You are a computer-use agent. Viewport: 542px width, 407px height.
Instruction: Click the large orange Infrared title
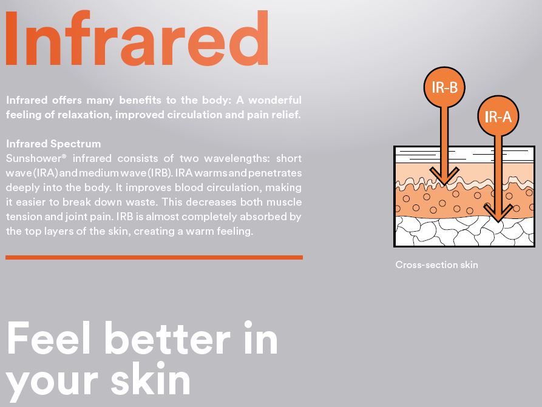pos(137,38)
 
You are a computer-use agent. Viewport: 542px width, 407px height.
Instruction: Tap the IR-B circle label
pos(444,87)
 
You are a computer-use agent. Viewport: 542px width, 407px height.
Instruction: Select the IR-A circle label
pos(498,116)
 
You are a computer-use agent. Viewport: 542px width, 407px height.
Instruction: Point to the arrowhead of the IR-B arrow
pos(444,175)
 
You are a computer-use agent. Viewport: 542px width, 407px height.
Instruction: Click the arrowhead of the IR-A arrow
pos(498,212)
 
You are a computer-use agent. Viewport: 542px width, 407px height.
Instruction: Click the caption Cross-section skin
pos(436,265)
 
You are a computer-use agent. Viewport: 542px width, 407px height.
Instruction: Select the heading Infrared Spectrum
pos(53,144)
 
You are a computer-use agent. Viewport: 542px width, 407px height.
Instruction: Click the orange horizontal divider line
pos(154,257)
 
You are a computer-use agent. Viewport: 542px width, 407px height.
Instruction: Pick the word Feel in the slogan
pos(49,338)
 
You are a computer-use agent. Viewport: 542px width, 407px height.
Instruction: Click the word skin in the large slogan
pos(151,378)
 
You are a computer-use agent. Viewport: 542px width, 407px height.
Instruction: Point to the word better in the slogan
pos(168,338)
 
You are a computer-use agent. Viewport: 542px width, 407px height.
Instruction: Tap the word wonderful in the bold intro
pos(275,100)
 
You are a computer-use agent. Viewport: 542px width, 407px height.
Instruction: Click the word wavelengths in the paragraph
pos(237,158)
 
